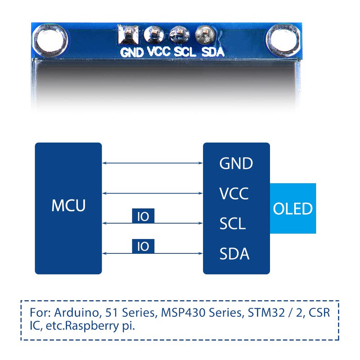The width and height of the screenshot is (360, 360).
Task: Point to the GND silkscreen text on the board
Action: tap(132, 52)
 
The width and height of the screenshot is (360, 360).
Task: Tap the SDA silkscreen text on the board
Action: tap(212, 52)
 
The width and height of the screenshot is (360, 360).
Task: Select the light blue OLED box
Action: tap(293, 208)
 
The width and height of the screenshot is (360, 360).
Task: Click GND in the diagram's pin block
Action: tap(236, 163)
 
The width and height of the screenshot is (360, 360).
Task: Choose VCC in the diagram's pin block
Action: tap(234, 193)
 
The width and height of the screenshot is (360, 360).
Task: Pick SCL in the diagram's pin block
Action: tap(233, 224)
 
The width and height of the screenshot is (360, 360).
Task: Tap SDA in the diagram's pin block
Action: tap(234, 254)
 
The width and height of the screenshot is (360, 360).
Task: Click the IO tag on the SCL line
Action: tap(143, 216)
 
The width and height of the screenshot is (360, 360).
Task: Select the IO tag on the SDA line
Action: tap(143, 246)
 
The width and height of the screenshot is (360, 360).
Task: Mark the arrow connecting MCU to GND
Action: tap(153, 163)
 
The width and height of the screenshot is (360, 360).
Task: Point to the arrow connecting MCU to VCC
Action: tap(153, 193)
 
